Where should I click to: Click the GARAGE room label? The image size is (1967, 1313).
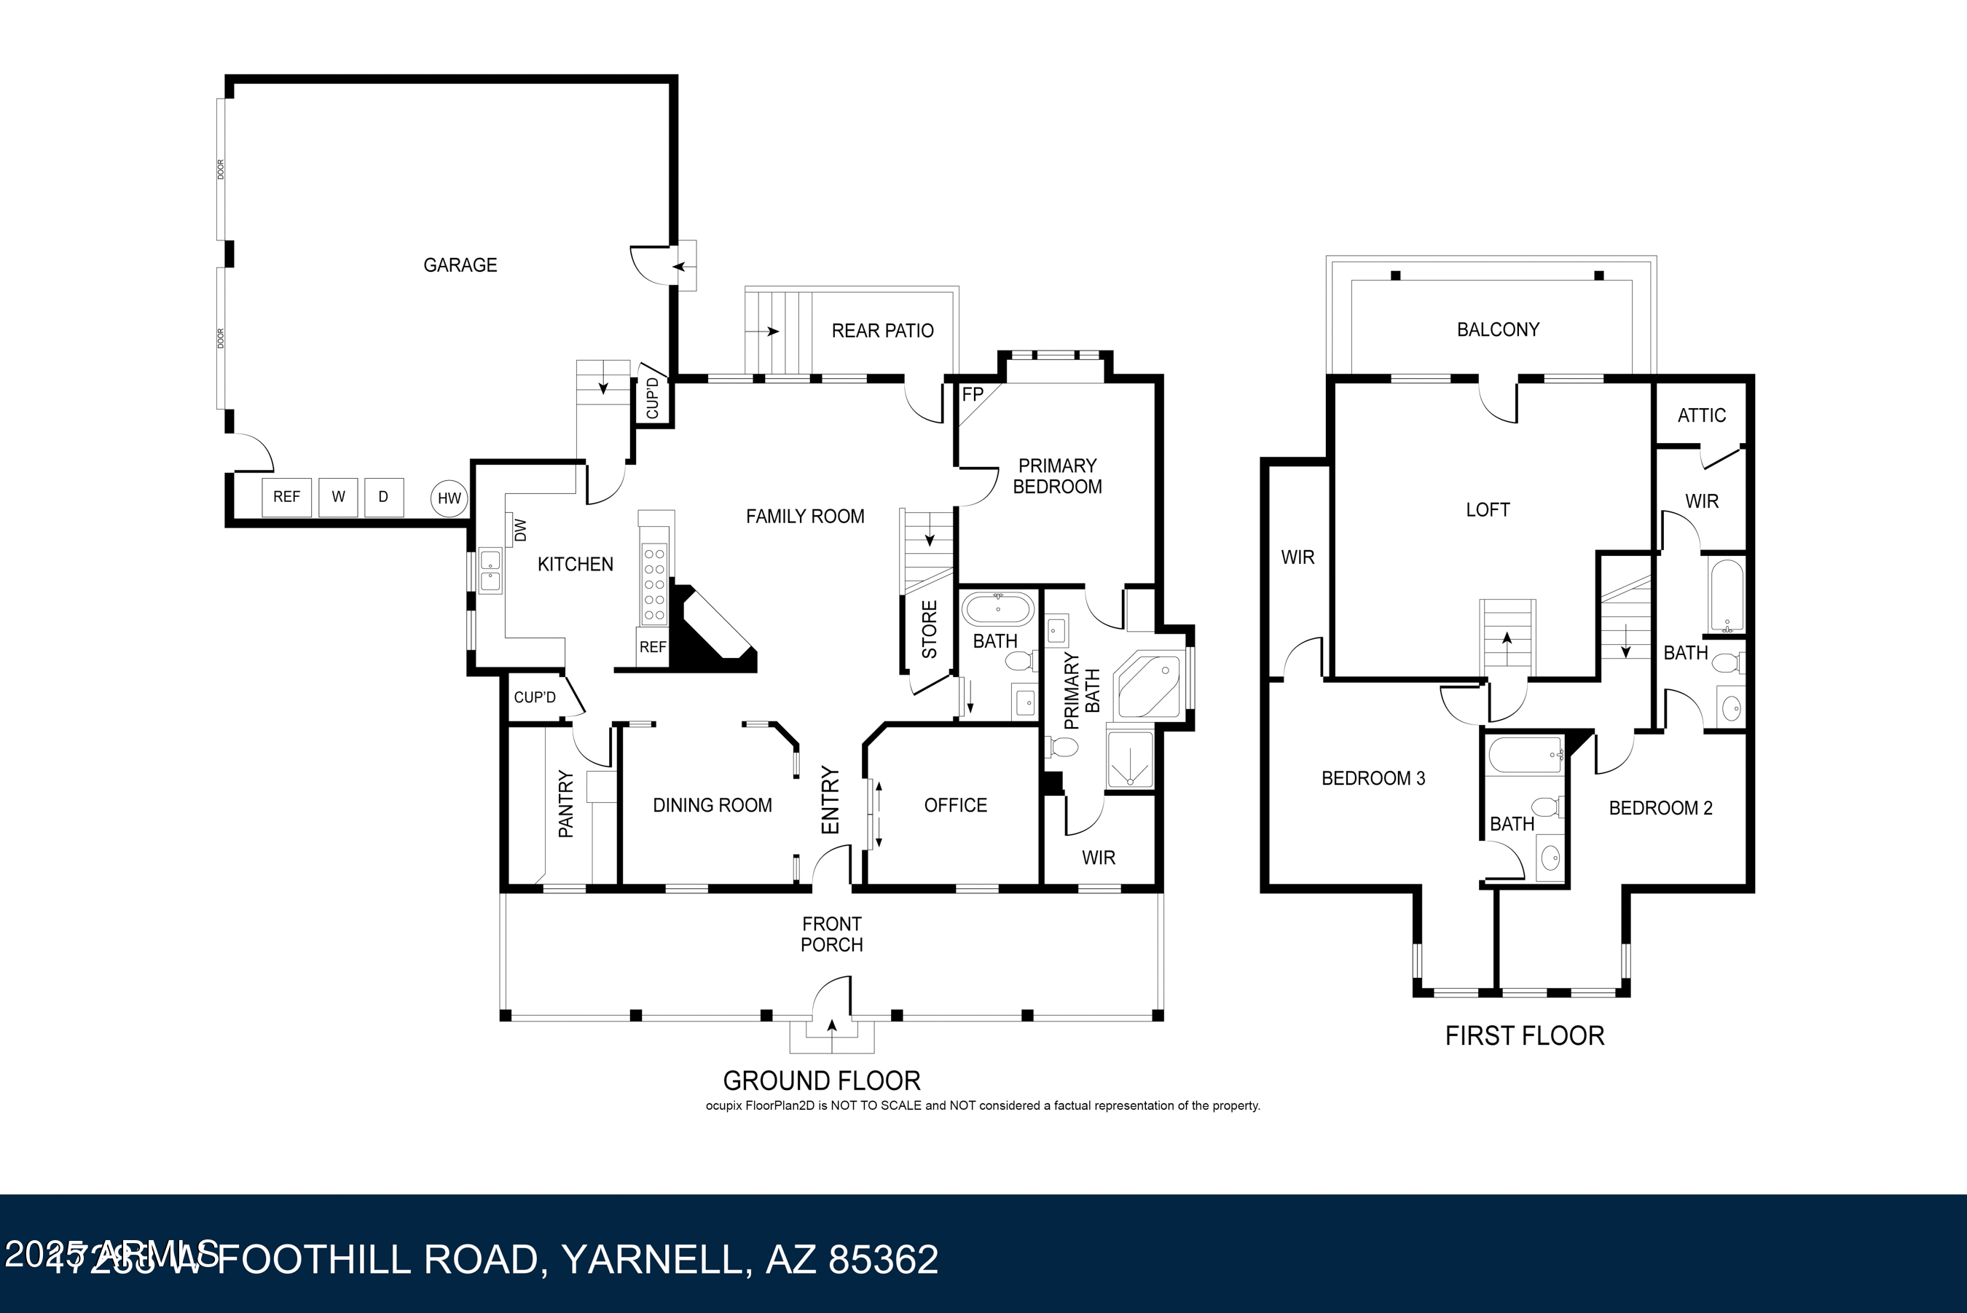point(460,265)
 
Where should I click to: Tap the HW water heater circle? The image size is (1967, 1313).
point(449,498)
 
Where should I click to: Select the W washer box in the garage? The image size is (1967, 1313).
point(338,496)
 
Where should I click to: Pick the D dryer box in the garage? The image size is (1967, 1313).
point(383,496)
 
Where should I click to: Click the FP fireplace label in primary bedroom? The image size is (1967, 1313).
point(972,394)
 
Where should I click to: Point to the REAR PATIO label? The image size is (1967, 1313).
point(882,331)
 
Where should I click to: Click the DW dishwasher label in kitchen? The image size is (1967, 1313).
point(519,529)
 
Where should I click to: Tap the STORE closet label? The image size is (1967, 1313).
point(929,630)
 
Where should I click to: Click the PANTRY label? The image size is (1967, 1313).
point(566,804)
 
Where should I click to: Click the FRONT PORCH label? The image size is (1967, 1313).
point(831,933)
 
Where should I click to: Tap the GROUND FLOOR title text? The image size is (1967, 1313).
point(821,1081)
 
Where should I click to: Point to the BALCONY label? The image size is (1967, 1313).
point(1497,330)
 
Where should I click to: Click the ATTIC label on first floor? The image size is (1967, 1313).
point(1701,415)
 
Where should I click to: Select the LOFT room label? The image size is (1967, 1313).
point(1488,510)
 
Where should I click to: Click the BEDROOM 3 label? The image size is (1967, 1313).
point(1373,779)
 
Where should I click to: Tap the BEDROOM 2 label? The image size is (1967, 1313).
point(1660,808)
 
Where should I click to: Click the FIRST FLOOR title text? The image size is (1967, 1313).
point(1524,1036)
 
